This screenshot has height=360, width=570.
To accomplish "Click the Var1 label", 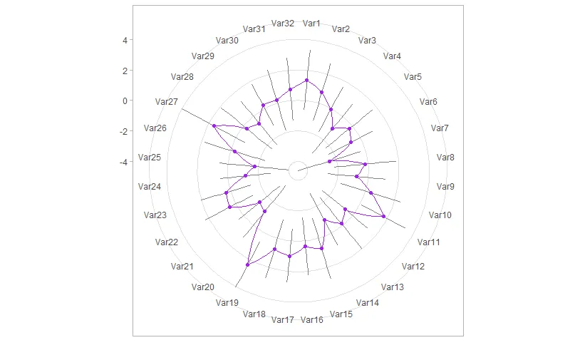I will pyautogui.click(x=311, y=24).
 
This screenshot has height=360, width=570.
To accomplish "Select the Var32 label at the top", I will pyautogui.click(x=283, y=24).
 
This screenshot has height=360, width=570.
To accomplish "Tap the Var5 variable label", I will pyautogui.click(x=413, y=77).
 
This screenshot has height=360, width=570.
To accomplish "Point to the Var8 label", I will pyautogui.click(x=445, y=158).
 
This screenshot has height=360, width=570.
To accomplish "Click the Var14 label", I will pyautogui.click(x=368, y=303).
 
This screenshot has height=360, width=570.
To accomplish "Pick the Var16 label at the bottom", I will pyautogui.click(x=312, y=319).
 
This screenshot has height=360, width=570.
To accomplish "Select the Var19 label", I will pyautogui.click(x=227, y=303).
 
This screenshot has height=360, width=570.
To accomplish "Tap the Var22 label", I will pyautogui.click(x=167, y=242).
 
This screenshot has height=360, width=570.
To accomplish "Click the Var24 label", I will pyautogui.click(x=150, y=187).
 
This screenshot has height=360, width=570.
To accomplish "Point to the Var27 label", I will pyautogui.click(x=167, y=102).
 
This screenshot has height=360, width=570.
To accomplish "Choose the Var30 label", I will pyautogui.click(x=227, y=41).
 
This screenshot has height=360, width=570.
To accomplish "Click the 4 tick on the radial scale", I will pyautogui.click(x=125, y=40).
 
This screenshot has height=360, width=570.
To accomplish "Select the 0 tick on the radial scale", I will pyautogui.click(x=125, y=101).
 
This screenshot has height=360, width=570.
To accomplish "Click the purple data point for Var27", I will pyautogui.click(x=214, y=125).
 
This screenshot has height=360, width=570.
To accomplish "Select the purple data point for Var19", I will pyautogui.click(x=247, y=264).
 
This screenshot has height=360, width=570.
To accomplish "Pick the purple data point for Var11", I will pyautogui.click(x=384, y=216).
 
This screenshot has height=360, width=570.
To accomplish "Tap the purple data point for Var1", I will pyautogui.click(x=306, y=80).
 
